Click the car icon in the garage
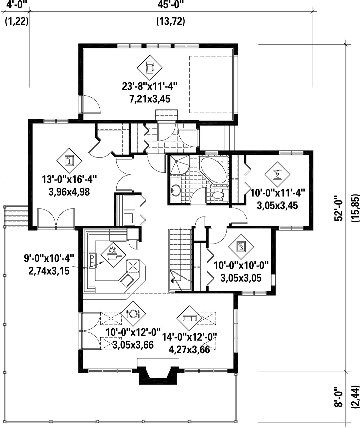(150, 68)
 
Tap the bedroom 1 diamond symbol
(69, 160)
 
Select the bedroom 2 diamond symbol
(277, 174)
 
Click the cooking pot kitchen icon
(113, 254)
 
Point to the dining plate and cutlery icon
(133, 314)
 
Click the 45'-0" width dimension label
(171, 5)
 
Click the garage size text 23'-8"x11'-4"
(150, 86)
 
